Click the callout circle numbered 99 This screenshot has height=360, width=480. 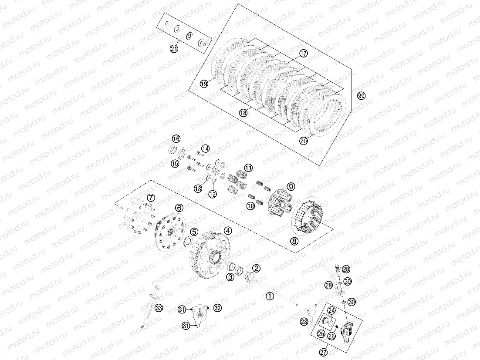[x=361, y=96]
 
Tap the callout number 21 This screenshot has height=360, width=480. [x=174, y=49]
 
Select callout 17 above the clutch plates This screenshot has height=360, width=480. [x=303, y=54]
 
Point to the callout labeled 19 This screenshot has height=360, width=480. [x=204, y=84]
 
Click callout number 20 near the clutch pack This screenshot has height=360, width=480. [x=304, y=140]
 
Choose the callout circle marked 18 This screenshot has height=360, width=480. [x=243, y=113]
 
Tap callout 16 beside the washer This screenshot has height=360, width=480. [x=176, y=139]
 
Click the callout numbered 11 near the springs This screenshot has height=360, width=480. [x=248, y=168]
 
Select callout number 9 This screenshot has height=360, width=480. [x=291, y=186]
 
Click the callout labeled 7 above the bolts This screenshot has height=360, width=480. [x=150, y=198]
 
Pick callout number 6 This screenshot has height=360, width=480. [x=179, y=208]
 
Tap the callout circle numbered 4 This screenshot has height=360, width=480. [x=228, y=231]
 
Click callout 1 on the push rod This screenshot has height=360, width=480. [x=270, y=296]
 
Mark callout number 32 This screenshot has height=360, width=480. [x=217, y=308]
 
